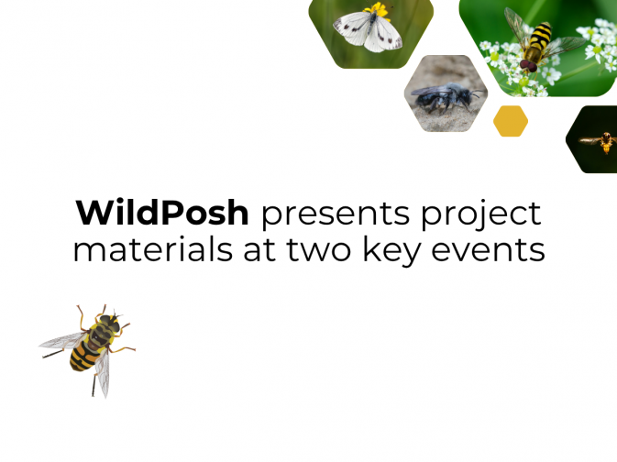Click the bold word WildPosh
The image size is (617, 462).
pyautogui.click(x=162, y=213)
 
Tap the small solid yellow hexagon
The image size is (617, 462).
pyautogui.click(x=511, y=121)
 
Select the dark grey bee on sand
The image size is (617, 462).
pyautogui.click(x=442, y=96)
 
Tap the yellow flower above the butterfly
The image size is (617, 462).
pyautogui.click(x=377, y=10)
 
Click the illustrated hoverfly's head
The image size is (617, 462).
pyautogui.click(x=111, y=324)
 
